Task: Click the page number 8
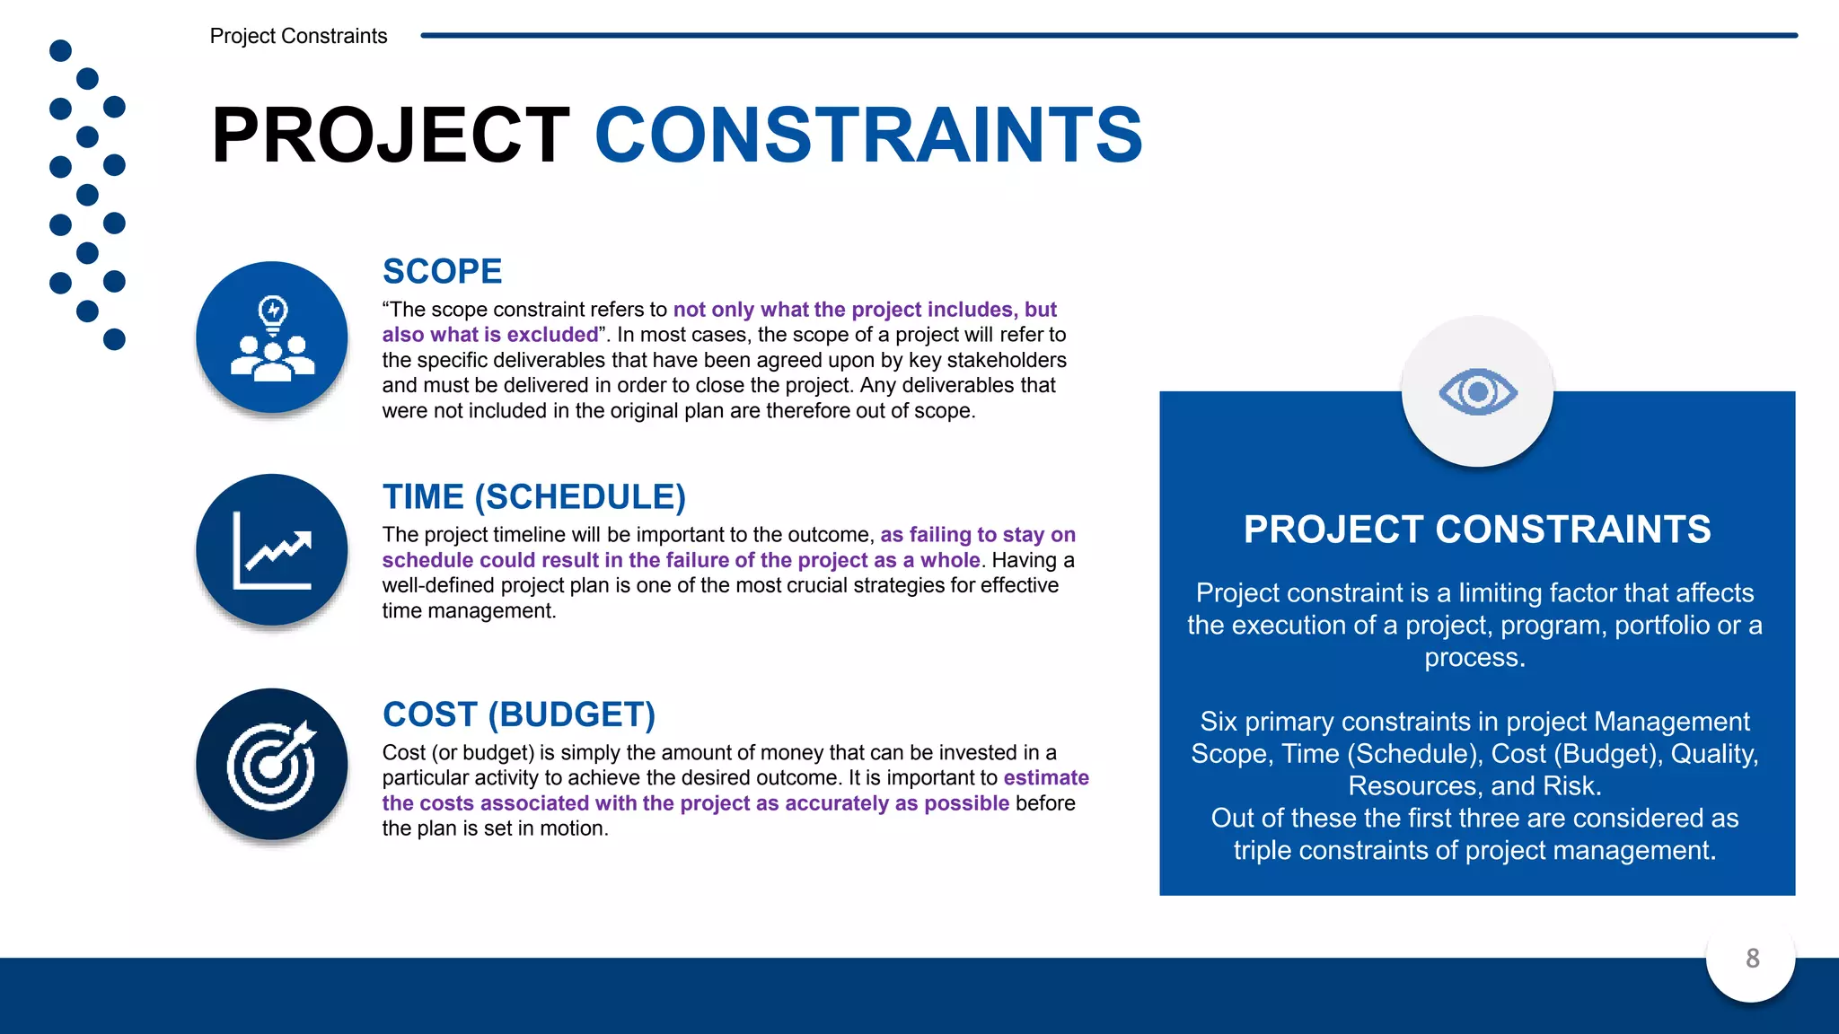coord(1752,959)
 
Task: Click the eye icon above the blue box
coord(1477,392)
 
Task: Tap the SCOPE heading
coord(442,271)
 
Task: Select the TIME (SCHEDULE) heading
coord(534,496)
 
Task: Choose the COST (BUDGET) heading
coord(519,714)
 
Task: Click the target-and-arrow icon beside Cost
coord(272,765)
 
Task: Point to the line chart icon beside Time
coord(272,550)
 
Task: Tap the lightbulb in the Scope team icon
coord(273,311)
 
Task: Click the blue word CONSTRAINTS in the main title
coord(868,135)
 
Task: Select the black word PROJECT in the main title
coord(391,135)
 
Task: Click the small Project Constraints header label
coord(298,36)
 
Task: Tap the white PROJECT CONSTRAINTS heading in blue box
coord(1477,529)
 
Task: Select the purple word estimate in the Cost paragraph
coord(1046,777)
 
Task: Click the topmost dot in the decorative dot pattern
coord(60,50)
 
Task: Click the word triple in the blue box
coord(1262,850)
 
